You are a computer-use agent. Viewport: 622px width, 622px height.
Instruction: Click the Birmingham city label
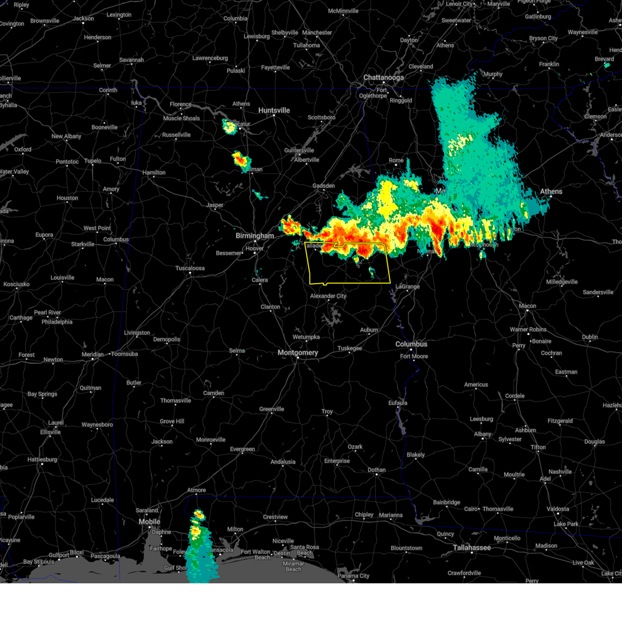click(x=255, y=236)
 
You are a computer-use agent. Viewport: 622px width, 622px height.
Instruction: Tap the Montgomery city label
click(x=298, y=353)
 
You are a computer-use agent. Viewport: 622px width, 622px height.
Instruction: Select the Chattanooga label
click(x=383, y=78)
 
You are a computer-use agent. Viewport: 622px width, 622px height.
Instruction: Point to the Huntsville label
click(x=274, y=110)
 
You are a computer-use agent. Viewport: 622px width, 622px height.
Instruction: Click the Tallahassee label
click(x=472, y=548)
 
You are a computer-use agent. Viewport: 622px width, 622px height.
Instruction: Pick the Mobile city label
click(x=149, y=522)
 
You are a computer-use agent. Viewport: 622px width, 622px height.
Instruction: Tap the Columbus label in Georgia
click(x=411, y=344)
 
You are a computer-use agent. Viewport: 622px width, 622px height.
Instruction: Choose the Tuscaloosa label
click(x=190, y=268)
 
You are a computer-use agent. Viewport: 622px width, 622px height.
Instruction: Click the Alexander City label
click(x=328, y=296)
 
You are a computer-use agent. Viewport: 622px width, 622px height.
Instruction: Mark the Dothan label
click(x=376, y=470)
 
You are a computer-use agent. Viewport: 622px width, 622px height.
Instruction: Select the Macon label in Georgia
click(x=527, y=306)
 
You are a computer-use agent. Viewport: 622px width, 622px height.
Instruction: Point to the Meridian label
click(x=92, y=355)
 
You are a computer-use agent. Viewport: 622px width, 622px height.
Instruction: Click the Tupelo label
click(x=93, y=161)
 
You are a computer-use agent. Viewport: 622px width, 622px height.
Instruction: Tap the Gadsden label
click(x=323, y=186)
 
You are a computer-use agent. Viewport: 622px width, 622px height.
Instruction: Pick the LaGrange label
click(x=408, y=287)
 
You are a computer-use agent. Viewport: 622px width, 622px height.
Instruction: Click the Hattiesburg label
click(x=42, y=460)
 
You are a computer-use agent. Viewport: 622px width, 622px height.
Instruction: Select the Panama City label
click(x=354, y=576)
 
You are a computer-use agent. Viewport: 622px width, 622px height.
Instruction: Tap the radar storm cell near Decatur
click(x=229, y=126)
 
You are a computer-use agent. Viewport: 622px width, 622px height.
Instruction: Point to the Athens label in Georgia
click(x=551, y=192)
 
